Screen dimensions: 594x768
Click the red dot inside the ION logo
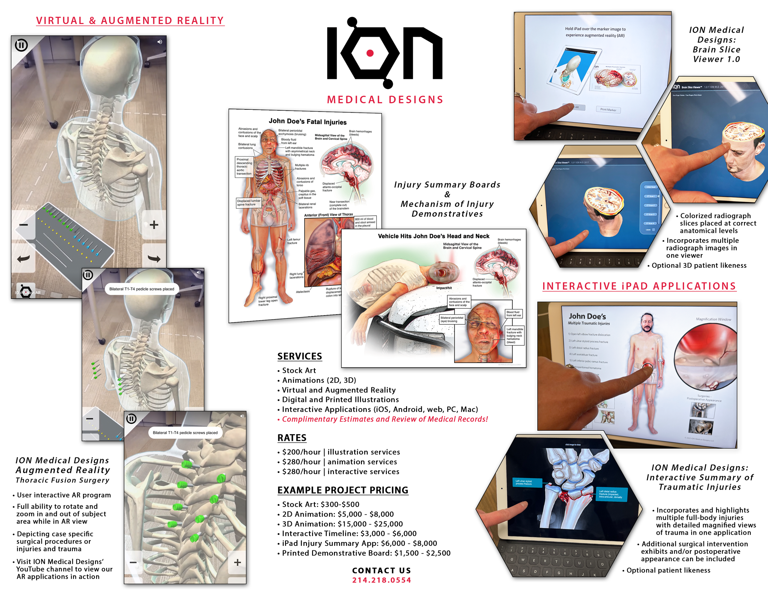(x=370, y=53)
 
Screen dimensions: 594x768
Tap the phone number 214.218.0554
(x=382, y=580)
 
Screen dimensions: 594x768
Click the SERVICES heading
(x=300, y=356)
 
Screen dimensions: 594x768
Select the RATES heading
(x=292, y=438)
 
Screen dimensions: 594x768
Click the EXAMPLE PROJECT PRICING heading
(x=343, y=490)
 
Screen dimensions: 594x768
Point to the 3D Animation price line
(x=342, y=524)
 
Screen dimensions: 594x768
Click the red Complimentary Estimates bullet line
(x=384, y=419)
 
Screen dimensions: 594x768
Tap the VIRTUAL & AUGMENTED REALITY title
(x=130, y=20)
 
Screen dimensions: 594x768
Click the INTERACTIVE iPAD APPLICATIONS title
(x=639, y=286)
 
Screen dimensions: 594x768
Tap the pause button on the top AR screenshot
(x=22, y=46)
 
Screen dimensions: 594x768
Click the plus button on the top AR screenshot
(x=154, y=225)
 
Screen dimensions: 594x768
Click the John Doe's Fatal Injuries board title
(x=308, y=121)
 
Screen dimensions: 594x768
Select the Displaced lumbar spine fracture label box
(x=249, y=203)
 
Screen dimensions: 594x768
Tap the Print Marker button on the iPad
(x=608, y=110)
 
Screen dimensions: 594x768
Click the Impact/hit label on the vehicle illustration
(x=444, y=288)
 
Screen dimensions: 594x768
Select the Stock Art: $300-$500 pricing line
(x=320, y=504)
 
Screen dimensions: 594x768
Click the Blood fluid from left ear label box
(x=513, y=314)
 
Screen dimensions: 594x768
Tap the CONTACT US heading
(x=382, y=570)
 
